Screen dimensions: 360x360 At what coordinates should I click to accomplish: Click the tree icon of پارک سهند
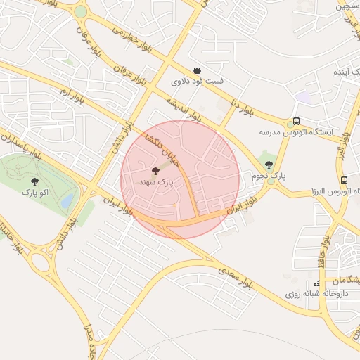156,171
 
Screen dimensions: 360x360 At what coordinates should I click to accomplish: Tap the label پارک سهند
156,183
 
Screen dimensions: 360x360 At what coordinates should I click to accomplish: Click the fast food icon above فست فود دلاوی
198,70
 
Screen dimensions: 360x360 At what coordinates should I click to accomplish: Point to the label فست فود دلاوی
198,82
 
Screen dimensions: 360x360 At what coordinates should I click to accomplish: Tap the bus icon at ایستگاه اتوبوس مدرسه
297,121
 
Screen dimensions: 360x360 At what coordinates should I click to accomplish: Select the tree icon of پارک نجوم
269,165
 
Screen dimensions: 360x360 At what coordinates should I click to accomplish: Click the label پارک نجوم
268,176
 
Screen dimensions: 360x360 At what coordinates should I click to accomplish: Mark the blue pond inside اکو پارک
67,201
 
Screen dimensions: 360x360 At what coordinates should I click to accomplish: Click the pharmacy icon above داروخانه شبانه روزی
316,283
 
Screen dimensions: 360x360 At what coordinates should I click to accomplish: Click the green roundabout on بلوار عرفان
81,11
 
